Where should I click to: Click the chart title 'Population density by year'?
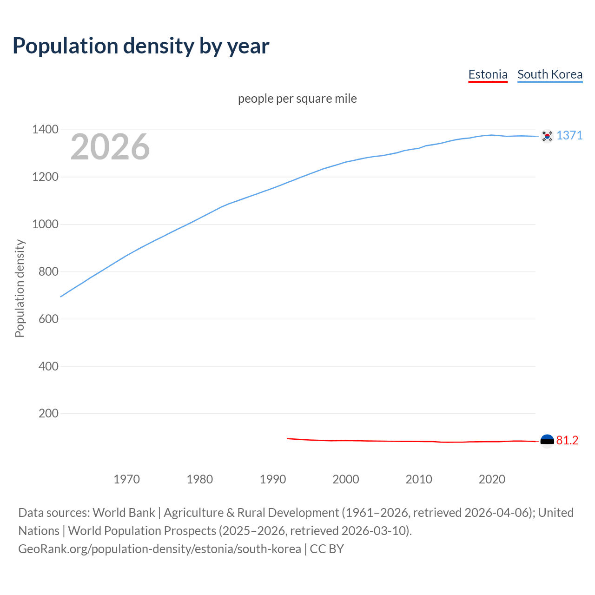(141, 46)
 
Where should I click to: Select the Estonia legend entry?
(488, 74)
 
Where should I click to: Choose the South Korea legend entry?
(550, 74)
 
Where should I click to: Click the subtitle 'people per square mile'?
(297, 99)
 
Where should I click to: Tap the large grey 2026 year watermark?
(110, 147)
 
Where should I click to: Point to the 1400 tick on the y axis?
(45, 130)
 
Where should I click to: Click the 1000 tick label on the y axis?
(45, 225)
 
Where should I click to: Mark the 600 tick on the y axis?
(48, 319)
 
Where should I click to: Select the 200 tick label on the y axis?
(48, 414)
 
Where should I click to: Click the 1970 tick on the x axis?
(126, 479)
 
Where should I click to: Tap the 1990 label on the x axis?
(273, 479)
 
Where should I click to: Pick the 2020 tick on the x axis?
(492, 479)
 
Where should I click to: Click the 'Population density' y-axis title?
(20, 288)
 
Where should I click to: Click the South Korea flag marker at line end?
(547, 136)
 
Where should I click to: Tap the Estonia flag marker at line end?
(547, 441)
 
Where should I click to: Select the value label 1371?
(569, 135)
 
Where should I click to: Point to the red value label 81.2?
(567, 441)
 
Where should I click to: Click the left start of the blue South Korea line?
(61, 296)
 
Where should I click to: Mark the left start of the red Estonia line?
(288, 438)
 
